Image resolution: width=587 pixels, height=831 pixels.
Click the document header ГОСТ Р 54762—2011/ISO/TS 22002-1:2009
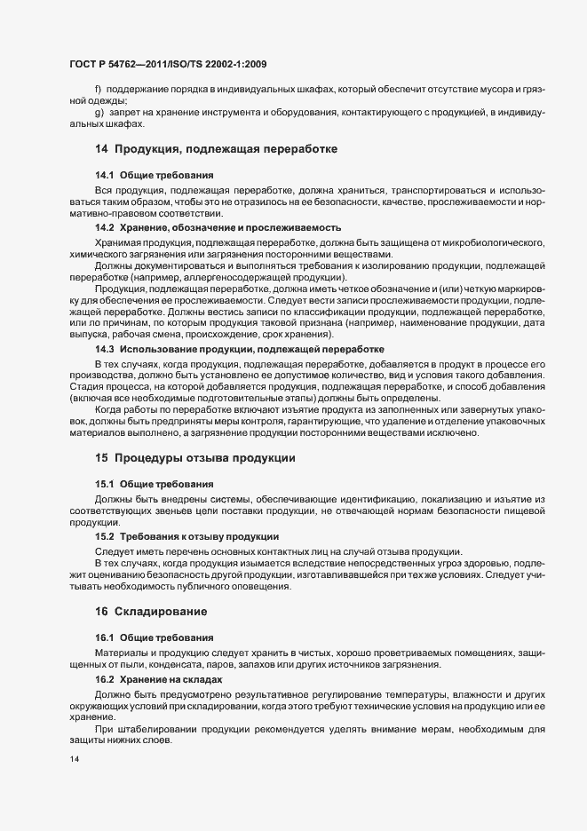pos(168,64)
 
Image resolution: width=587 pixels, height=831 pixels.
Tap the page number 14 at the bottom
pos(74,760)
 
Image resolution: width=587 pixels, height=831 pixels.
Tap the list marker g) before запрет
pos(99,114)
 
